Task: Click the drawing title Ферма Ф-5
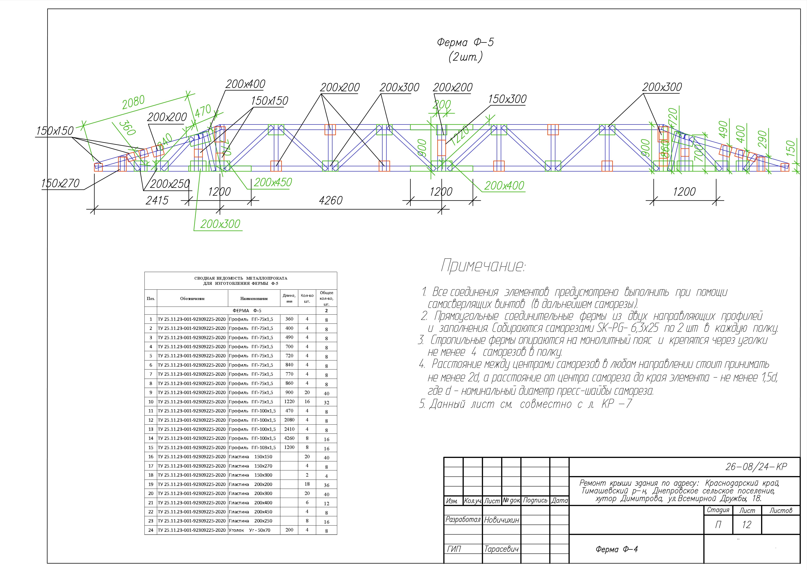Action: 465,42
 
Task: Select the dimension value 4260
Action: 330,200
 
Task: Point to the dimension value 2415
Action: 157,200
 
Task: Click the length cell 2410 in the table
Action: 289,429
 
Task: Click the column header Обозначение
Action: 192,299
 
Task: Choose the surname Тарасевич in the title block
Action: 501,549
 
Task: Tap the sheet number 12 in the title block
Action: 747,525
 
